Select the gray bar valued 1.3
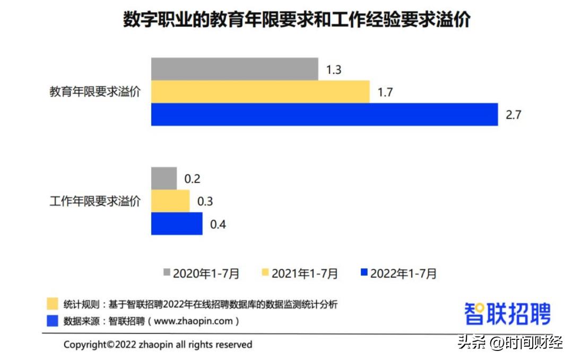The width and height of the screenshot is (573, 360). [235, 69]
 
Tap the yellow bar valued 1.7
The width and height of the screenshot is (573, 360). [260, 92]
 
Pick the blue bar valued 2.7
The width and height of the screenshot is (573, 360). [324, 115]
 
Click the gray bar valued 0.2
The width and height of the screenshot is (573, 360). [164, 178]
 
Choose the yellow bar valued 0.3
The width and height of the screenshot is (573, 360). [170, 201]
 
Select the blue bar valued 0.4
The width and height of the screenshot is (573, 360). [177, 224]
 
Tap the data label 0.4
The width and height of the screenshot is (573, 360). [218, 224]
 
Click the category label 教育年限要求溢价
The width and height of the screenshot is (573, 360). [95, 92]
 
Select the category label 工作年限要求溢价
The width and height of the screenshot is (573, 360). [95, 201]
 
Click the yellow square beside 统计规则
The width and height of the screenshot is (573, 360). [53, 304]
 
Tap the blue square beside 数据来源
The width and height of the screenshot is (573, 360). [53, 321]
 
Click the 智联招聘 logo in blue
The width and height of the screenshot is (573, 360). [507, 313]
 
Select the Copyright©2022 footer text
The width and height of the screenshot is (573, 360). [158, 345]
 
